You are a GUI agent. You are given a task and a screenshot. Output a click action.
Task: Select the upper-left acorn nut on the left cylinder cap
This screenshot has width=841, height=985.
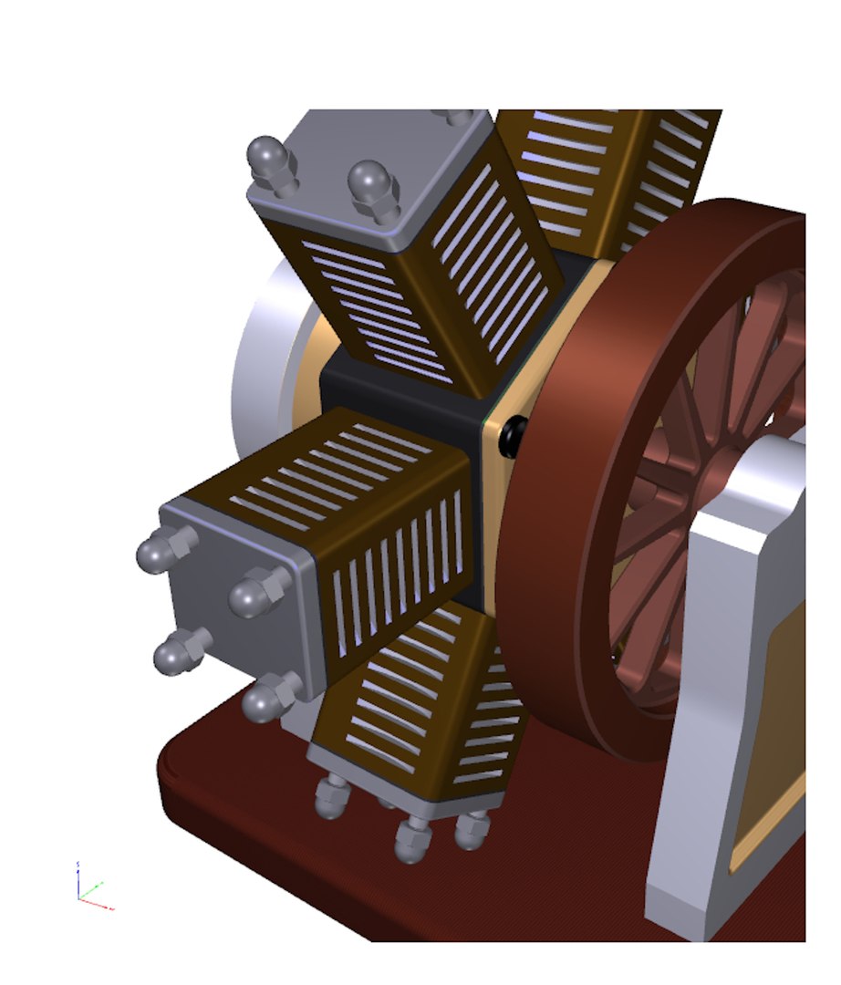coord(157,550)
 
